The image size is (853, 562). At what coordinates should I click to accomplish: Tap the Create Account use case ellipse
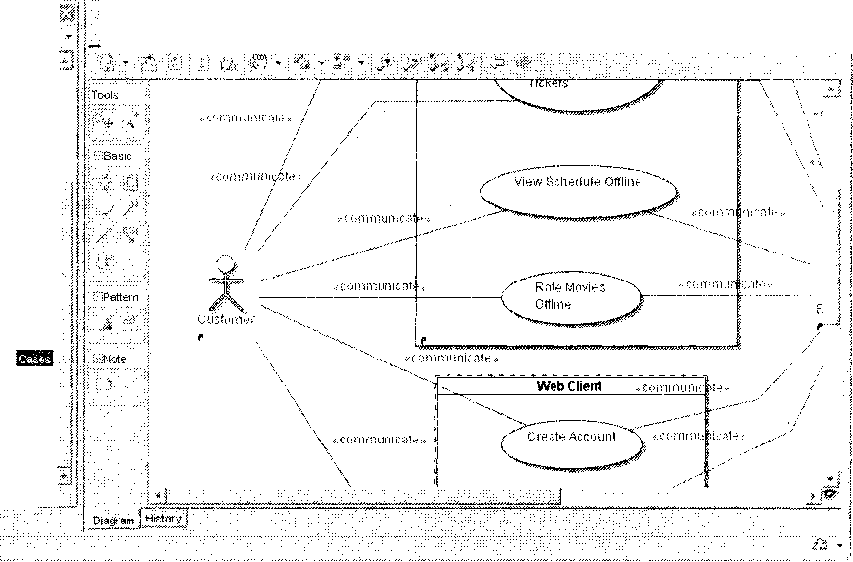pyautogui.click(x=570, y=437)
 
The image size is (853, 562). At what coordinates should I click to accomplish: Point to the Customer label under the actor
pyautogui.click(x=225, y=318)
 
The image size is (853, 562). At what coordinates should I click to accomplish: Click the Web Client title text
pyautogui.click(x=568, y=386)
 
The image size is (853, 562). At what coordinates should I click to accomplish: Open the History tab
pyautogui.click(x=163, y=517)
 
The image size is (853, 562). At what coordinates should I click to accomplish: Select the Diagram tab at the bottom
pyautogui.click(x=113, y=520)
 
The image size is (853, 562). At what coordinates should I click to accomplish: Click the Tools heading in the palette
pyautogui.click(x=105, y=95)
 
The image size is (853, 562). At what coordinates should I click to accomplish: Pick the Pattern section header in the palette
pyautogui.click(x=119, y=297)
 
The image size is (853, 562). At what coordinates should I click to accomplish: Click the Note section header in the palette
pyautogui.click(x=113, y=360)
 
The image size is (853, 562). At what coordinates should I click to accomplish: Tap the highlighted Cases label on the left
pyautogui.click(x=35, y=360)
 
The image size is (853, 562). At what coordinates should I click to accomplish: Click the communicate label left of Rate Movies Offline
pyautogui.click(x=377, y=286)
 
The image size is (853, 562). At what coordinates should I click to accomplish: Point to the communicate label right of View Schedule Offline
pyautogui.click(x=737, y=212)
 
